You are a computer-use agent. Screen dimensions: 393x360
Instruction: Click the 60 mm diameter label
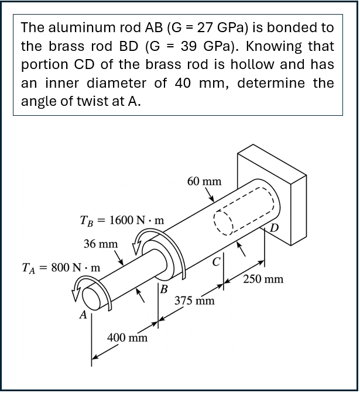[x=204, y=181]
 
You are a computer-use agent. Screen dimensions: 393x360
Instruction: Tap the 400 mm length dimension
[x=127, y=337]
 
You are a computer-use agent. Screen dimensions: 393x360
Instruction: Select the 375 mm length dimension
[x=194, y=301]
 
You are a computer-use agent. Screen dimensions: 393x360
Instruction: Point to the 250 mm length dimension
[x=263, y=279]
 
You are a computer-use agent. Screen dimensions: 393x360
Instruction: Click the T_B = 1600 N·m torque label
[x=122, y=220]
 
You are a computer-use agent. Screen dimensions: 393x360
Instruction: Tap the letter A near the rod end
[x=84, y=315]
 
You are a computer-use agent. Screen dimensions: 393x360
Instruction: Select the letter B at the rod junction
[x=164, y=289]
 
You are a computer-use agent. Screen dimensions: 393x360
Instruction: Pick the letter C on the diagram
[x=217, y=261]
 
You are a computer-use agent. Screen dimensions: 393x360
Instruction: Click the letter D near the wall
[x=275, y=227]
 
